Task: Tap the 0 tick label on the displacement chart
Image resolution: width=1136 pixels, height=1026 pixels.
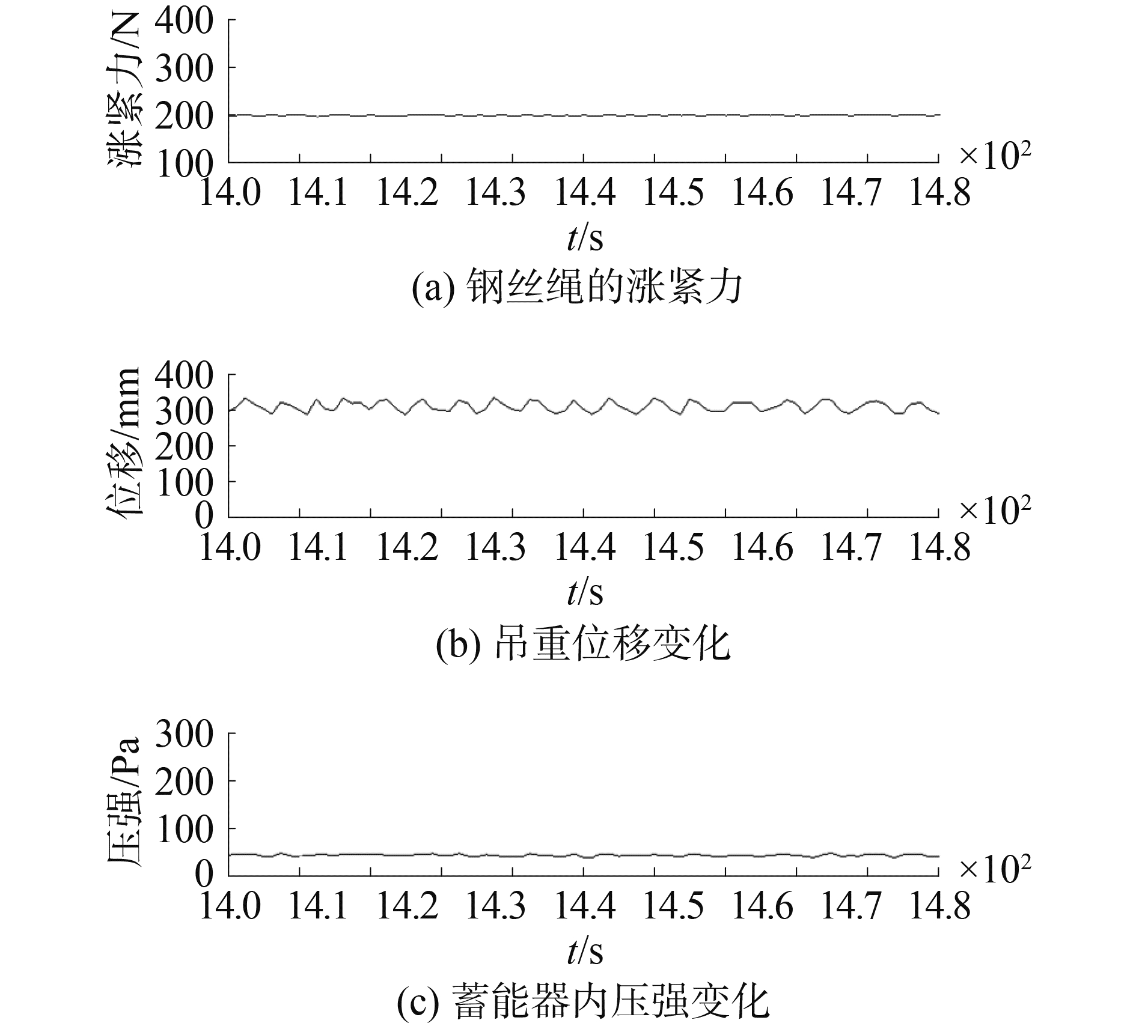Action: coord(204,517)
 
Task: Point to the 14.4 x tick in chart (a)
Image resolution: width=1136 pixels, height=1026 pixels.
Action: coord(585,193)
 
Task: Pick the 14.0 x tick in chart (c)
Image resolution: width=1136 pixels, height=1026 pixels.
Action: coord(230,906)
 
